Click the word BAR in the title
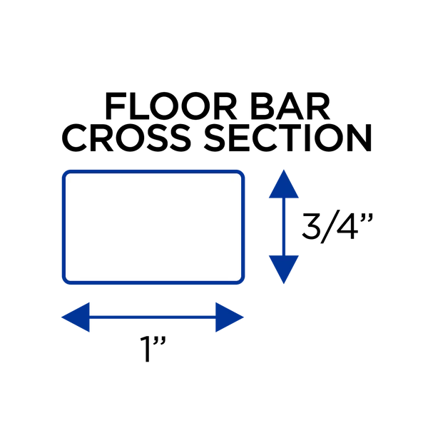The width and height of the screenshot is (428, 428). pyautogui.click(x=290, y=106)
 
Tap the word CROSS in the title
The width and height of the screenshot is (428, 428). pyautogui.click(x=126, y=138)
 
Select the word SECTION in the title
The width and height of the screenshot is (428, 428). pyautogui.click(x=288, y=138)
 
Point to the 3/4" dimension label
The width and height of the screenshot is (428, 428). pyautogui.click(x=337, y=226)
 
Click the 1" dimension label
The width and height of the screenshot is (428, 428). pyautogui.click(x=153, y=349)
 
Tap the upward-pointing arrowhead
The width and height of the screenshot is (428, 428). pyautogui.click(x=284, y=184)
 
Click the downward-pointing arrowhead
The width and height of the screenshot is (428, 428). pyautogui.click(x=284, y=270)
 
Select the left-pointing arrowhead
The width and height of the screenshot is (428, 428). pyautogui.click(x=76, y=317)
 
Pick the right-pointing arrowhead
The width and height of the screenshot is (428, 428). pyautogui.click(x=229, y=317)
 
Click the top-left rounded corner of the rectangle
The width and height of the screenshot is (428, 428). pyautogui.click(x=66, y=173)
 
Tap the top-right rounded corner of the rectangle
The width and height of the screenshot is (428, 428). pyautogui.click(x=241, y=173)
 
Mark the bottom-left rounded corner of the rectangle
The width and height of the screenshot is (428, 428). pyautogui.click(x=66, y=281)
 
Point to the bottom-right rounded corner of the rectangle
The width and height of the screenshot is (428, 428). pyautogui.click(x=241, y=281)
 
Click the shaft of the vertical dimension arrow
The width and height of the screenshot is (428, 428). pyautogui.click(x=284, y=227)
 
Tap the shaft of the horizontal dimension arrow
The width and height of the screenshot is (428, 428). pyautogui.click(x=153, y=317)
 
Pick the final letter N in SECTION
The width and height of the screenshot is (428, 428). pyautogui.click(x=360, y=138)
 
